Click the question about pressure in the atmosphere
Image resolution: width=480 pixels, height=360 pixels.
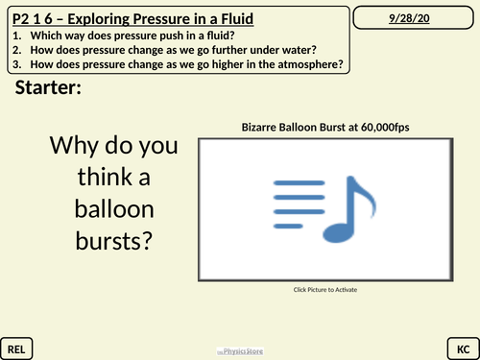(x=179, y=64)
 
